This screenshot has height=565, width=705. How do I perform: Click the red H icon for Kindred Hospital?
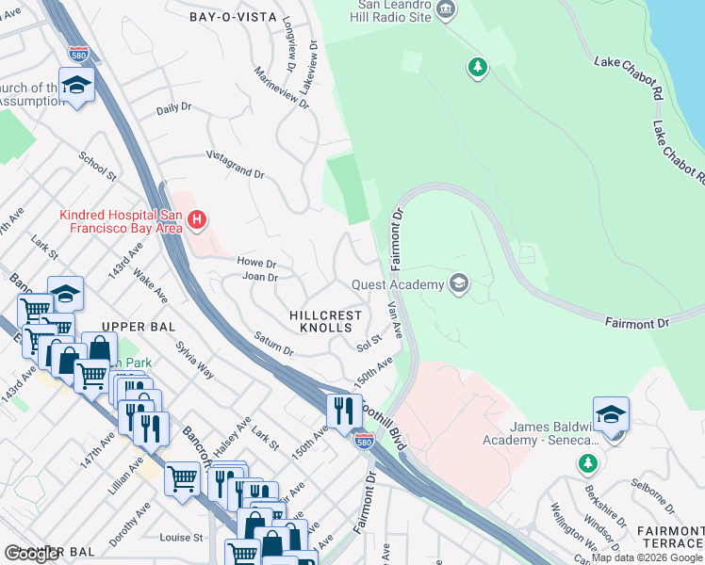coord(196,221)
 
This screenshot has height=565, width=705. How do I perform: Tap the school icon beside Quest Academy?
coord(459,284)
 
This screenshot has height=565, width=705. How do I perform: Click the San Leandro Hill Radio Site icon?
coord(446,11)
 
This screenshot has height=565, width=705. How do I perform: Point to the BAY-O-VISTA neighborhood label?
coord(232,17)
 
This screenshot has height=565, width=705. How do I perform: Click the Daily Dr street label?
coord(174,109)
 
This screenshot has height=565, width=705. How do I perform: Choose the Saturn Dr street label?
coord(273,343)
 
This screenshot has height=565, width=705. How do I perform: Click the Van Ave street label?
coord(396,322)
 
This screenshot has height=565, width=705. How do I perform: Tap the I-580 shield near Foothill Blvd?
coord(363,440)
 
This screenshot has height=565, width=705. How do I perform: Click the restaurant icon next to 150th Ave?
coord(341,410)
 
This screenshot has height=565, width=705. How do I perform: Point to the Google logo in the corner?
coord(33,554)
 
